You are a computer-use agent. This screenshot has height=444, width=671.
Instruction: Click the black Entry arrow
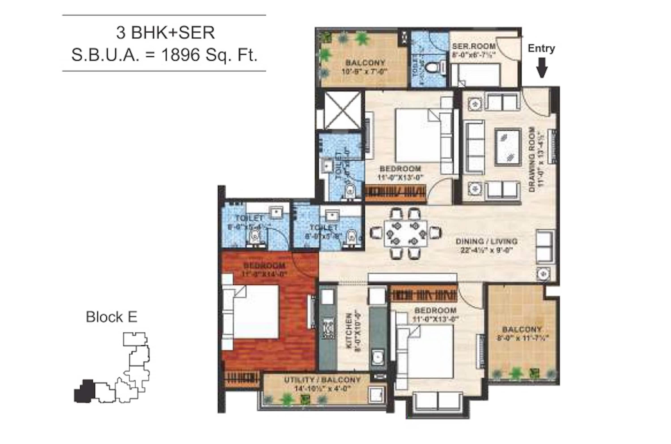[541, 68]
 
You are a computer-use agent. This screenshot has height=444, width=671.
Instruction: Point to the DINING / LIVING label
[486, 242]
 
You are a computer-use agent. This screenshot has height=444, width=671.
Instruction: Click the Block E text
[111, 317]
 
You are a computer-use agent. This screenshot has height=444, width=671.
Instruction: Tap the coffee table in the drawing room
[508, 147]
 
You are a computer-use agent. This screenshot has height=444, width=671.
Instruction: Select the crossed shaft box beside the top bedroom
[343, 110]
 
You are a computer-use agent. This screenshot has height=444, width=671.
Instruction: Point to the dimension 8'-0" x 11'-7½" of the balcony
[522, 338]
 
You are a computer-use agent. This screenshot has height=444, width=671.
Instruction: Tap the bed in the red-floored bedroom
[252, 311]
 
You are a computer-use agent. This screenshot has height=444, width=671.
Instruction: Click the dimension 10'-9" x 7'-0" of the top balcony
[364, 71]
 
